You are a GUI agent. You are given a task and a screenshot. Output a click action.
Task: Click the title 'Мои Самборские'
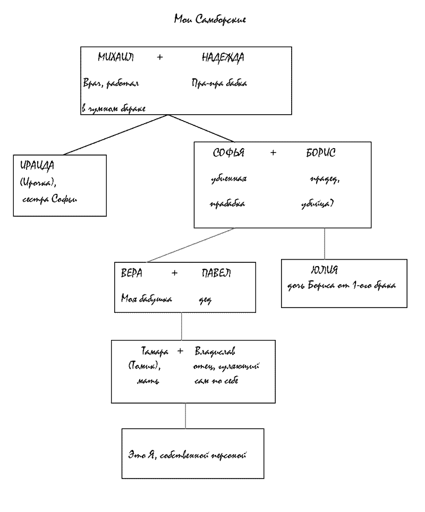[210, 20]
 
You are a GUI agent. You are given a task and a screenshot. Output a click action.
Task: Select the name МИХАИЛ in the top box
[116, 58]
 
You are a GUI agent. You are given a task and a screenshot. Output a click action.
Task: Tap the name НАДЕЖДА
[223, 58]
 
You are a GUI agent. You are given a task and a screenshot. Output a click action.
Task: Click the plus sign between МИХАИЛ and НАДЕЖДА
[160, 58]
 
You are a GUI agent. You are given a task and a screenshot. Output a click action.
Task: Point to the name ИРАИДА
[37, 165]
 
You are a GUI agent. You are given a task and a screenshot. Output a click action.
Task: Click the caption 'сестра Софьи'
[50, 200]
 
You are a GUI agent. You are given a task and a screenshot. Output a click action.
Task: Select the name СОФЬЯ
[228, 153]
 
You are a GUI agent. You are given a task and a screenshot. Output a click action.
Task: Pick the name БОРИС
[320, 153]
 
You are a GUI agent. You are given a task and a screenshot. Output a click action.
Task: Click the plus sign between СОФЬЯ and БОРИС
[273, 153]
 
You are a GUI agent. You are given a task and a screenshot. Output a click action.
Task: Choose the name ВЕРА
[132, 273]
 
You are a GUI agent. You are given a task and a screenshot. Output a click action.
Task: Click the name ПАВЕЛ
[216, 273]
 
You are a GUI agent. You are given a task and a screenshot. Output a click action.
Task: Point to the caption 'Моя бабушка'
[146, 299]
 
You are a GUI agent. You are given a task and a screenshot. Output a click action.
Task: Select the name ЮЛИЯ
[324, 270]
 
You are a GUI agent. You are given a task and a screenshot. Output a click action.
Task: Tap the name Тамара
[155, 352]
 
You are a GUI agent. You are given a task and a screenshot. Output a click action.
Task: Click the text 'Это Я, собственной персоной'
[188, 455]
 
